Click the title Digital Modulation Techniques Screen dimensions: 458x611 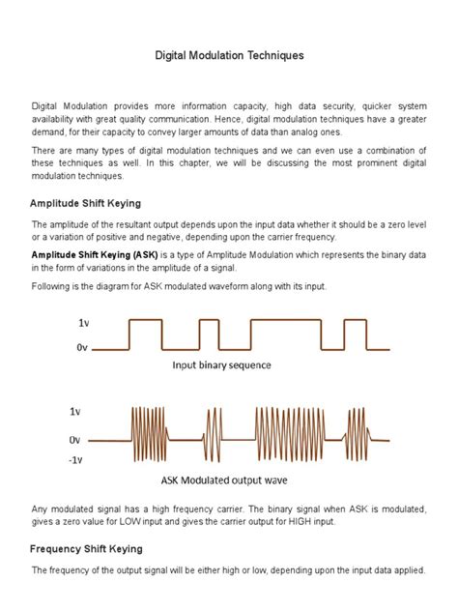point(229,56)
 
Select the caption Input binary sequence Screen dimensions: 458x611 point(221,365)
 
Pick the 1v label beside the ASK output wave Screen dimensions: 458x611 point(74,411)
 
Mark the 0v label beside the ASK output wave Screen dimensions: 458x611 point(74,439)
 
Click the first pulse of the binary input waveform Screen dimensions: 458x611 point(146,335)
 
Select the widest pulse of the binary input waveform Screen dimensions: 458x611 point(285,335)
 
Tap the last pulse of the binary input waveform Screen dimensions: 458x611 point(357,335)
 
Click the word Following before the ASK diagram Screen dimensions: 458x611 point(55,287)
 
